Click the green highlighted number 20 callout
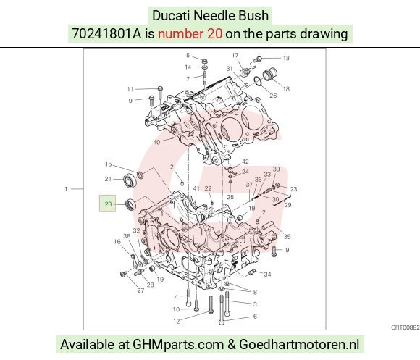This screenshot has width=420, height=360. [x=108, y=203]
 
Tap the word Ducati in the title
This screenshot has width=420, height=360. [x=171, y=15]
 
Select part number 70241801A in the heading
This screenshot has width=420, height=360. [x=106, y=34]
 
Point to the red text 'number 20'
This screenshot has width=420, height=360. [x=190, y=34]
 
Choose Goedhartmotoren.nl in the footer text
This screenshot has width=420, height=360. [x=299, y=344]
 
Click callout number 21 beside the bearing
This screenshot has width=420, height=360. [x=108, y=179]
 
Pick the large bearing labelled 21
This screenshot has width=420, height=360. [x=130, y=180]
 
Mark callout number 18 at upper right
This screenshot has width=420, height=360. [x=286, y=88]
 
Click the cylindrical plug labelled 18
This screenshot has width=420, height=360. [x=269, y=74]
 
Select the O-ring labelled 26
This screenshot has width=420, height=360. [x=257, y=81]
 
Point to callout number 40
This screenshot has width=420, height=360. [x=156, y=142]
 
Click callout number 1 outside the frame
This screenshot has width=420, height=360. [x=66, y=189]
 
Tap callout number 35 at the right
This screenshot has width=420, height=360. [x=287, y=237]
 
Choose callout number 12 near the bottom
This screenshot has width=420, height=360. [x=176, y=321]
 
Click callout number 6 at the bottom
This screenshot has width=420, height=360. [x=255, y=317]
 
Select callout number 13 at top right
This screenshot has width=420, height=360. [x=286, y=58]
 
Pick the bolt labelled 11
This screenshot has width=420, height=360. [x=160, y=93]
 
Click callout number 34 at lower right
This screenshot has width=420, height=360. [x=268, y=275]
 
